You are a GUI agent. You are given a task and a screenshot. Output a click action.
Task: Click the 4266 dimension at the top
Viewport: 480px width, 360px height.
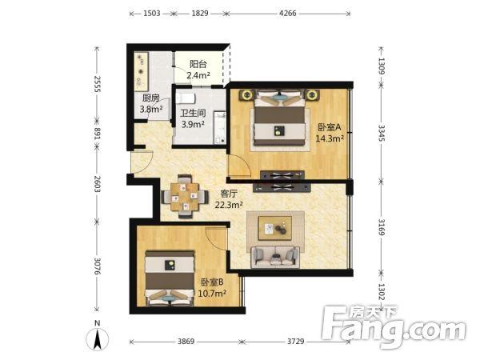coord(288,13)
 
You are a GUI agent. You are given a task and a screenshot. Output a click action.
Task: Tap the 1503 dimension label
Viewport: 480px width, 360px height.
coord(152,13)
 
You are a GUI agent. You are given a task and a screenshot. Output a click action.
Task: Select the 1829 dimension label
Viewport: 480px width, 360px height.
coord(200,13)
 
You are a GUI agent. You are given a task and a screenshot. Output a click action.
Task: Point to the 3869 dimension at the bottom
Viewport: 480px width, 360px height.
coord(186,341)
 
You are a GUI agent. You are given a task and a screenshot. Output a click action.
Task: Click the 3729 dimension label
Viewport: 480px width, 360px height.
coord(295,341)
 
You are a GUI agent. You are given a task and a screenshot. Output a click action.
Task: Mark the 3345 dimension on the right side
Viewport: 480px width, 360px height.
coord(382,133)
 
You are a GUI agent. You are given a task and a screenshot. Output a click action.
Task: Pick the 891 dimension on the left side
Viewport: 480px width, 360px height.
coord(97,134)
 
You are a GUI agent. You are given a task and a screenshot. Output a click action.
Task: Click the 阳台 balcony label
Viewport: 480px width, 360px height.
coord(198,64)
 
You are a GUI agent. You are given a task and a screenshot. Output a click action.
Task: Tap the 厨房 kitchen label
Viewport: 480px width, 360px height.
coord(151,98)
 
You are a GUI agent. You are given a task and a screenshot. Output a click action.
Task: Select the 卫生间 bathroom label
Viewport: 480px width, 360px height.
coord(193,114)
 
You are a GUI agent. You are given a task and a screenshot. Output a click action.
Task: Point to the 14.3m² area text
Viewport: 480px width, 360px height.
coord(330,138)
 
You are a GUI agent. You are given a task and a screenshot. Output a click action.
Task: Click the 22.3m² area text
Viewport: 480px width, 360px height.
coord(229,205)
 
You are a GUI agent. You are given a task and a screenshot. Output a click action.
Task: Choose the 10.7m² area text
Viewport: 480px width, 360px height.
coord(212,294)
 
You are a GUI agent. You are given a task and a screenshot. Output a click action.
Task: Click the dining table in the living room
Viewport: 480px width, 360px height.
coord(185,197)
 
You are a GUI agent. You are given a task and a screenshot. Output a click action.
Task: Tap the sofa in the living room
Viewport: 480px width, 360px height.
coord(275,257)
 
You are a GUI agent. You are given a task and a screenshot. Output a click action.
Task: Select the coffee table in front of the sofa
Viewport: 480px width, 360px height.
coord(275,228)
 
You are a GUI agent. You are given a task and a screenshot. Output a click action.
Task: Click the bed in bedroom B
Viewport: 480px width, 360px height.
coord(170,278)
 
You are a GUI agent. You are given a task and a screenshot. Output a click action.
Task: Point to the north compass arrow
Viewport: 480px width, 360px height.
coord(98,339)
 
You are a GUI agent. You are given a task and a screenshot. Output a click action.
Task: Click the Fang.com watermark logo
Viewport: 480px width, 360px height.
coord(394,326)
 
